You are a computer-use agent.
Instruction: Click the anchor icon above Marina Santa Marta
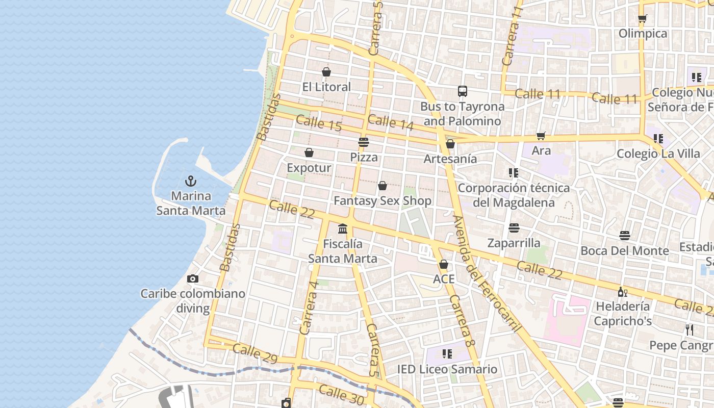point(190,181)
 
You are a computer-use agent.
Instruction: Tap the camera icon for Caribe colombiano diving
point(192,278)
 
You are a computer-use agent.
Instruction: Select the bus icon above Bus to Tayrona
point(462,91)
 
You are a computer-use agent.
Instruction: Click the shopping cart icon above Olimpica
point(642,19)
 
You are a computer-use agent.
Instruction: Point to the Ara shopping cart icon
point(541,136)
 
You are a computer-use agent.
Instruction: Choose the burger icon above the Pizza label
point(363,142)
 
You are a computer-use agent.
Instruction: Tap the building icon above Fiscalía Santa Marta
point(343,228)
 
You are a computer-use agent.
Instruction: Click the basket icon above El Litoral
point(326,72)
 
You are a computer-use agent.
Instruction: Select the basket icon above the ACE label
point(443,264)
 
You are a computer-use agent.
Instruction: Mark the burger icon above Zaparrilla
point(514,227)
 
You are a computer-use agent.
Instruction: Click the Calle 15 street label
point(318,123)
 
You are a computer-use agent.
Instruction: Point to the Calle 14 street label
point(390,121)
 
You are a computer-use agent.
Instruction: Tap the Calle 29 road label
point(255,353)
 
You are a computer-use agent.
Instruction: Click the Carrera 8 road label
point(463,321)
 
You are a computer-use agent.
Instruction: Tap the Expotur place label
point(309,168)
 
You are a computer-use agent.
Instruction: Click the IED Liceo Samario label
point(447,369)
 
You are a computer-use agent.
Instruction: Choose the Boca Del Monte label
point(624,250)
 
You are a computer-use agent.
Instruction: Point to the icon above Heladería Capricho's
point(622,292)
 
